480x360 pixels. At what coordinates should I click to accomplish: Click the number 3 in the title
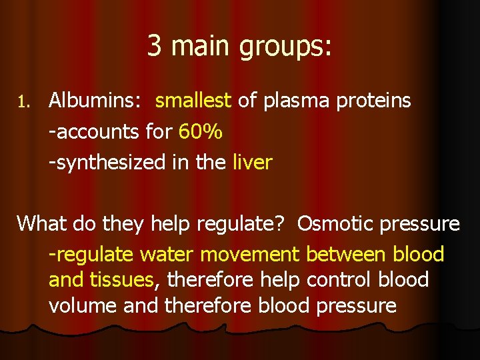pos(154,46)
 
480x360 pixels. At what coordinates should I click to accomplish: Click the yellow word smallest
pos(193,101)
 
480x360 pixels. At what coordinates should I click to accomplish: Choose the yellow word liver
pos(253,163)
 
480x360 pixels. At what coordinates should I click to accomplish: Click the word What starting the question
pos(41,223)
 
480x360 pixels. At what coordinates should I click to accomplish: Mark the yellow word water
pos(167,255)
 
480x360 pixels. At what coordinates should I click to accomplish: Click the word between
pos(346,254)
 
